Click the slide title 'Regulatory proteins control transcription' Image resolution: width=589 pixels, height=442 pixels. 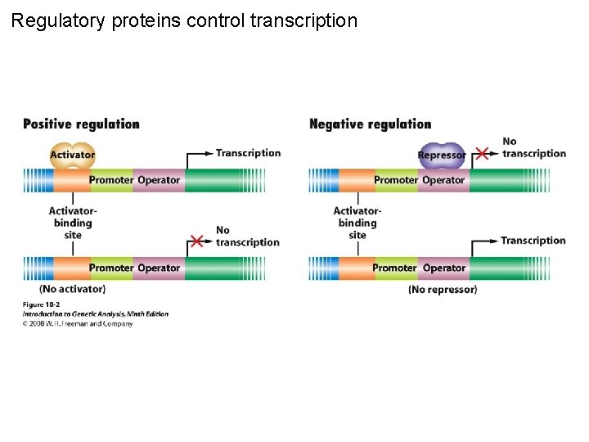click(184, 20)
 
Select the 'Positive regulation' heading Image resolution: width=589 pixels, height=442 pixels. click(81, 124)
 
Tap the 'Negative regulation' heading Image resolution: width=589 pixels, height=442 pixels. click(370, 124)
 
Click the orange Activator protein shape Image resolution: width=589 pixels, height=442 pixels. click(73, 154)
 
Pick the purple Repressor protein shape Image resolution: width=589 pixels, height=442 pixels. click(442, 155)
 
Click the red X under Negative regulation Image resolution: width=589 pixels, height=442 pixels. click(483, 153)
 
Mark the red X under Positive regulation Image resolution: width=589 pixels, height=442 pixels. click(196, 241)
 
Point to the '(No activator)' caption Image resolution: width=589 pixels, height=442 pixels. click(72, 289)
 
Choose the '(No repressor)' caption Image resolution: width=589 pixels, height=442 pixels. click(443, 289)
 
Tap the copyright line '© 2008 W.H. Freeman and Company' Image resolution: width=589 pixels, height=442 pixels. click(77, 323)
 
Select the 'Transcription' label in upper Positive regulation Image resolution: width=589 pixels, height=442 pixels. click(248, 153)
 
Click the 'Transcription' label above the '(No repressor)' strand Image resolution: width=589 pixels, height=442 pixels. click(533, 241)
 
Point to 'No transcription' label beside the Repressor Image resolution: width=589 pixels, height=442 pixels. click(533, 147)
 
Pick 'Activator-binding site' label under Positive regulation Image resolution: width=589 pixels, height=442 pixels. click(73, 223)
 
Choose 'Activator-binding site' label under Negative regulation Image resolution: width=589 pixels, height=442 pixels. click(357, 223)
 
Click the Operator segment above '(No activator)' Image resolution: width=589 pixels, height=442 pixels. click(159, 268)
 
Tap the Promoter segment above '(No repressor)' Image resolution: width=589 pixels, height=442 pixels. click(394, 268)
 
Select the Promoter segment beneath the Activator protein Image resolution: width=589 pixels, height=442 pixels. click(110, 180)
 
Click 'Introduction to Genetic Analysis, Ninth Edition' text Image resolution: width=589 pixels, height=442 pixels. click(95, 314)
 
